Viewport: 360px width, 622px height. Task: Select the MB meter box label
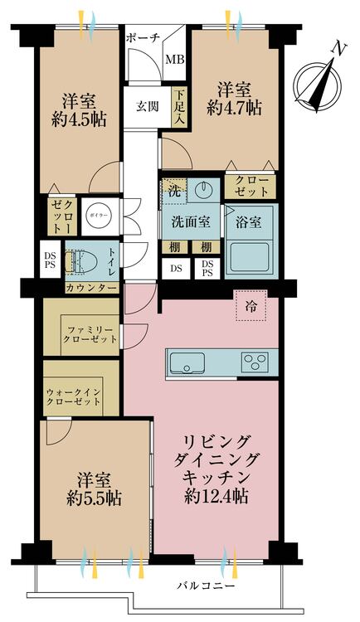[x=175, y=60]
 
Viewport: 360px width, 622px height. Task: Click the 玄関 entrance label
[x=148, y=106]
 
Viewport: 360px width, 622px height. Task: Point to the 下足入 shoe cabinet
[x=179, y=107]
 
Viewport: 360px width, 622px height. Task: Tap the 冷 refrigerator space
[x=251, y=305]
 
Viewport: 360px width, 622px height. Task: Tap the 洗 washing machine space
[x=173, y=192]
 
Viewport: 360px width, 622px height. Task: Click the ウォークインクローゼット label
[x=74, y=396]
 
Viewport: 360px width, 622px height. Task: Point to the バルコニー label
[x=206, y=586]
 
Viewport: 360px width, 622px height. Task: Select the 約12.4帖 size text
[x=216, y=496]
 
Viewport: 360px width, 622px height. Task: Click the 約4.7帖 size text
[x=234, y=107]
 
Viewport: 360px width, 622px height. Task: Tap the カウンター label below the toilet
[x=92, y=288]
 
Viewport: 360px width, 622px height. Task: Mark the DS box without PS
[x=176, y=269]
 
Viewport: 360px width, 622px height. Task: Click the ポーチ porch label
[x=143, y=38]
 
